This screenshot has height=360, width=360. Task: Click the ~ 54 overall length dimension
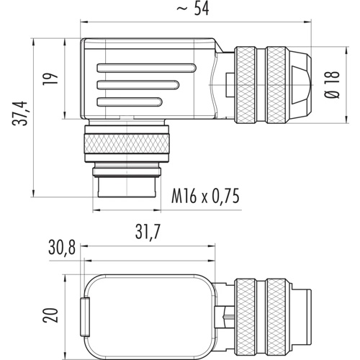click(193, 9)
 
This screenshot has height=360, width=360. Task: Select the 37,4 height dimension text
click(20, 113)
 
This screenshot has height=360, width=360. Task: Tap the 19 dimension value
click(50, 78)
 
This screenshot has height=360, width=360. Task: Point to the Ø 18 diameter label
click(333, 85)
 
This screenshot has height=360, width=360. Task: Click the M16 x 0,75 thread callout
click(205, 197)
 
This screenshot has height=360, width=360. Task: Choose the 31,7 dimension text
click(148, 232)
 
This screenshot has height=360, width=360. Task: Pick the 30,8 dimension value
click(62, 248)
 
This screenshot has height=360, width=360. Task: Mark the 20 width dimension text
click(50, 315)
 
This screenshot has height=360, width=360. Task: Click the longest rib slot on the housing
click(147, 68)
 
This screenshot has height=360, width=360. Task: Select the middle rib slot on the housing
click(138, 85)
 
